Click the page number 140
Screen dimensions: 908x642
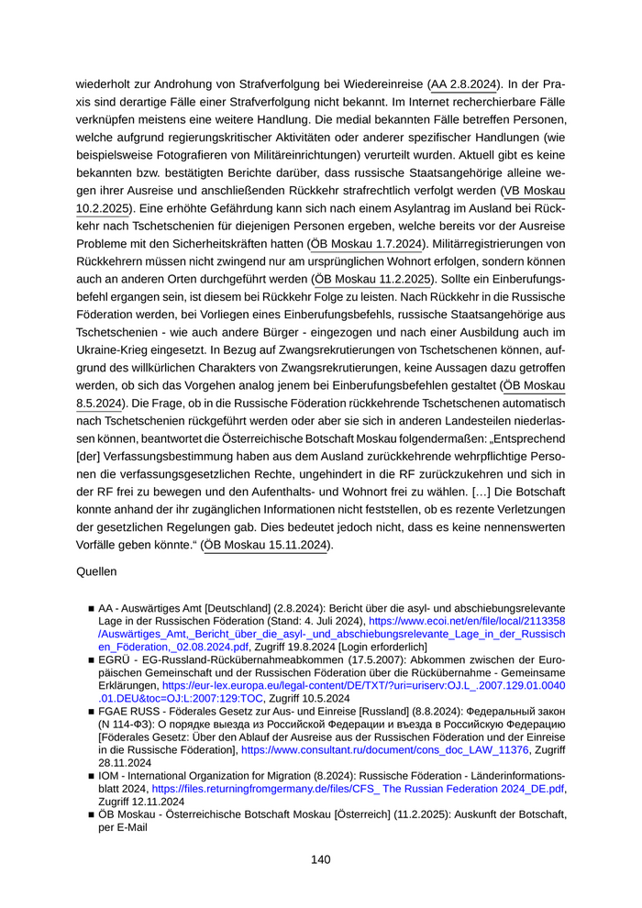(320, 859)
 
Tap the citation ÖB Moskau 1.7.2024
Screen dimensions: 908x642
(366, 244)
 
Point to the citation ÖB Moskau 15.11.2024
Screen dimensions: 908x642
(266, 545)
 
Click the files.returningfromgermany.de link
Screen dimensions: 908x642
(358, 787)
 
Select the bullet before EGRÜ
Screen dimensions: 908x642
(92, 660)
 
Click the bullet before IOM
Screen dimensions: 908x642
(92, 775)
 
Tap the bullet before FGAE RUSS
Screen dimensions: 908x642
(92, 712)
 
